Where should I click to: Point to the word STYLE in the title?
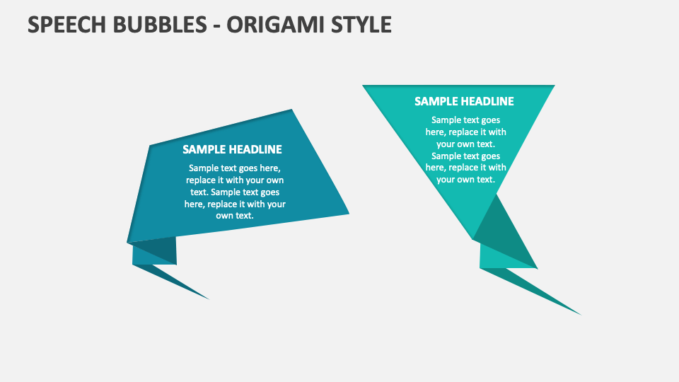click(363, 24)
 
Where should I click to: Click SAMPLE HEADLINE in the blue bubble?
click(232, 149)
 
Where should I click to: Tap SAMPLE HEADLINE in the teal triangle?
click(464, 101)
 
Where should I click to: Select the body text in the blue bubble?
click(235, 192)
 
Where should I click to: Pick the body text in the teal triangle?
click(465, 149)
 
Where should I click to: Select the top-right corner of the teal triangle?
click(553, 86)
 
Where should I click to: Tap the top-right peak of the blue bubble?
click(291, 110)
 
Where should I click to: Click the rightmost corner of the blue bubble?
click(347, 212)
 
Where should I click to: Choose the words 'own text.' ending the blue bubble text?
click(235, 216)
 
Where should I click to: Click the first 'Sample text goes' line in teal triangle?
click(465, 120)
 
